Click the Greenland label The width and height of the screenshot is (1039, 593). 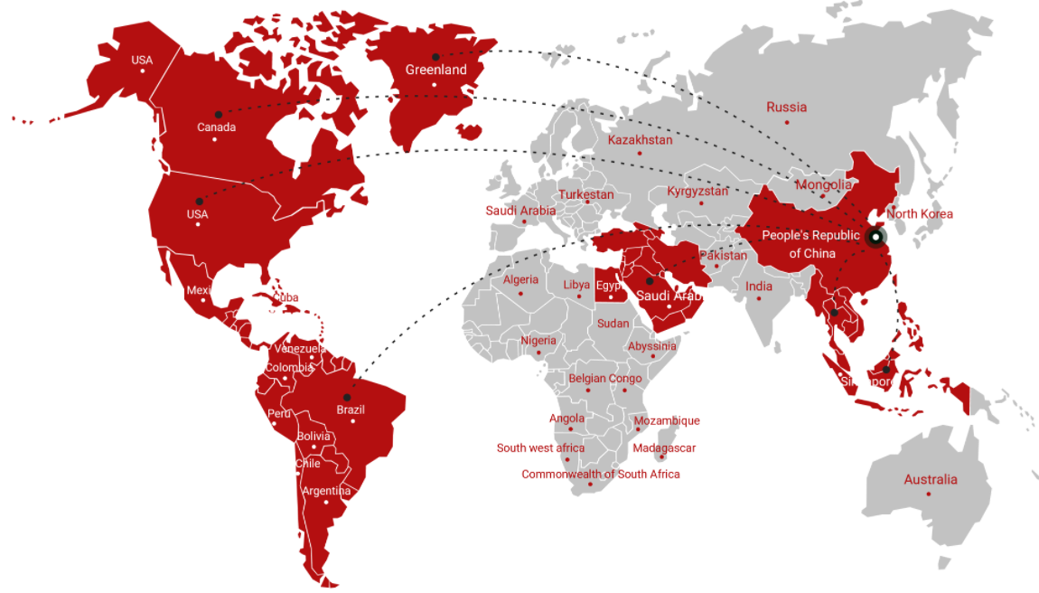(435, 70)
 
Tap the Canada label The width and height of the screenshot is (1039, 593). (216, 127)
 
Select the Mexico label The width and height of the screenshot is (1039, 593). (204, 290)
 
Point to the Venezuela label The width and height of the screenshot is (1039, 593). (300, 349)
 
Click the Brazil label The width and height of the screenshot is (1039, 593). (351, 409)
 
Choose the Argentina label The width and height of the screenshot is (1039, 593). (326, 491)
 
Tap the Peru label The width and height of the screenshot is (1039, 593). (279, 414)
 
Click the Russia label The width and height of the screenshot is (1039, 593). (786, 107)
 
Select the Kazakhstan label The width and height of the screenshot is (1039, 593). (640, 140)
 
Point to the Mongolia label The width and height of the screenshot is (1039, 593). (823, 184)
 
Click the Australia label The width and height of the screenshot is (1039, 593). (930, 479)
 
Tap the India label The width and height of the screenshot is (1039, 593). (759, 287)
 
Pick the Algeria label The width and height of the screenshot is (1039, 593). (520, 280)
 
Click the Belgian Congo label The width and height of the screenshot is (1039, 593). (604, 379)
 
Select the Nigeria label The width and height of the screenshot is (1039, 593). (538, 341)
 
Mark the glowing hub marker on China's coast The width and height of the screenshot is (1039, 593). (875, 237)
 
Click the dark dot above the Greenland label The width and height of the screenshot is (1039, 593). (435, 56)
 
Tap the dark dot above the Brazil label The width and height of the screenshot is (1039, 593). (347, 397)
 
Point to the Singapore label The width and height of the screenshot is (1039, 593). (868, 382)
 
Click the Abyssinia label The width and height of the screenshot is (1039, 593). (651, 346)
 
